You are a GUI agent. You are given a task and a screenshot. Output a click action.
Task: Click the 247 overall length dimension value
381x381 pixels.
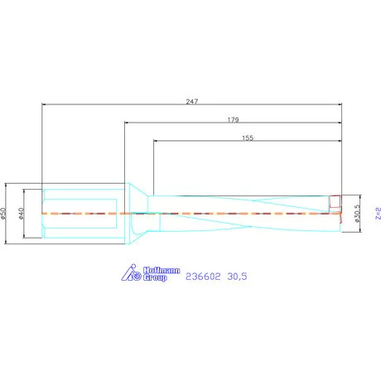(192, 102)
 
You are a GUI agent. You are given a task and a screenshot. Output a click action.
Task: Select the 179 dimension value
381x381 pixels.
(234, 120)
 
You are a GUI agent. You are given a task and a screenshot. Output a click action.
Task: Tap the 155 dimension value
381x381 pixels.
(248, 138)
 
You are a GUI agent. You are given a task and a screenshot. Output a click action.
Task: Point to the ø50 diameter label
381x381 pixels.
(3, 214)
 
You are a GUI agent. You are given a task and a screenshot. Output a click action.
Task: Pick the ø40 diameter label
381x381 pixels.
(22, 214)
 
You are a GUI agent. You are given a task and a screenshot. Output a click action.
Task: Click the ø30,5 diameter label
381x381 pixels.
(357, 214)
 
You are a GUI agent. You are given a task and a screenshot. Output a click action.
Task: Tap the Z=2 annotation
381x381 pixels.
(379, 213)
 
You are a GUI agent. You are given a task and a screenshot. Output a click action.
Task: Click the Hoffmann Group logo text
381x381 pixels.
(162, 274)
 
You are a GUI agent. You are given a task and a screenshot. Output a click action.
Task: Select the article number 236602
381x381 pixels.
(203, 277)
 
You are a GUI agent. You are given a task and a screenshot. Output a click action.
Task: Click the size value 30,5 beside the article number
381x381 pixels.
(237, 277)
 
